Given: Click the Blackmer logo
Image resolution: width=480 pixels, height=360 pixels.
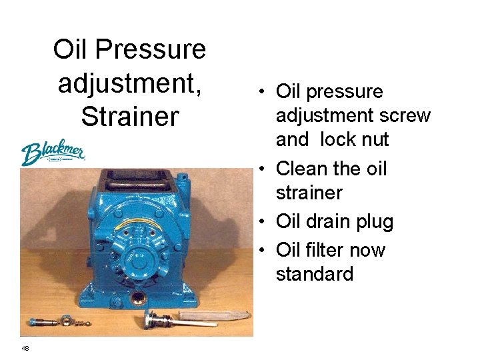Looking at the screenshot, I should [x=53, y=153].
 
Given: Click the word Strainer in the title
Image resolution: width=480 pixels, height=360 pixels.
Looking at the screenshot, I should [x=130, y=116].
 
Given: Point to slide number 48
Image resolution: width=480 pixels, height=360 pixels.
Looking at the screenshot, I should [x=25, y=348].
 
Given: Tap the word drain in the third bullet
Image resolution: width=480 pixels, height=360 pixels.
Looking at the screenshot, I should [x=333, y=221].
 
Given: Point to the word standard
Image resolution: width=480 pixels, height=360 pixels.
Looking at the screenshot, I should [x=315, y=274].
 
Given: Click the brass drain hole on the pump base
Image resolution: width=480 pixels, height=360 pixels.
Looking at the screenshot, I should [x=138, y=295].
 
